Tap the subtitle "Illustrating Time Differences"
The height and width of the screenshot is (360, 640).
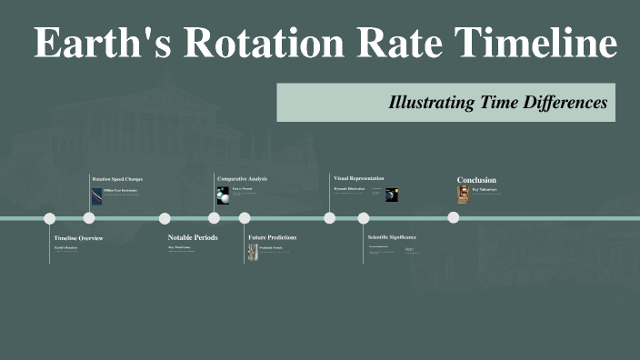(497, 103)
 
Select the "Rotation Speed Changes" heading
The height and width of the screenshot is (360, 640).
(117, 179)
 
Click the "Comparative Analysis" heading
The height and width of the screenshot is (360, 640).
(242, 179)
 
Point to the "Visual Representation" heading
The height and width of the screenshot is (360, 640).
(359, 178)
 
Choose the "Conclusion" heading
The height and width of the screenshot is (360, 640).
(477, 180)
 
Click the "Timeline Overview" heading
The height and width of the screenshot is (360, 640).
(78, 237)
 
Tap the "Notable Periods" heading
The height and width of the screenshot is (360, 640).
(193, 237)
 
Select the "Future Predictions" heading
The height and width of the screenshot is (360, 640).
(272, 237)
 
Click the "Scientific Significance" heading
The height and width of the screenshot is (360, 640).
(392, 237)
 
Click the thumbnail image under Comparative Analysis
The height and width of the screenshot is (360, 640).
(223, 195)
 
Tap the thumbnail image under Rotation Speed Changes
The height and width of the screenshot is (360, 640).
(96, 195)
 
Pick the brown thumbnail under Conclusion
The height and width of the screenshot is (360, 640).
(463, 195)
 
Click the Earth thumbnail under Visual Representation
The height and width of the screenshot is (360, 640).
(392, 195)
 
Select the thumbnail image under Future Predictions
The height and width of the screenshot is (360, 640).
(253, 252)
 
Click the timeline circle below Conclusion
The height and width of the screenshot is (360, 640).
(453, 218)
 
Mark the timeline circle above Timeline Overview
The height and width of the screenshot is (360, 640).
(50, 218)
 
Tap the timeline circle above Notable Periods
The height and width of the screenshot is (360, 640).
(165, 218)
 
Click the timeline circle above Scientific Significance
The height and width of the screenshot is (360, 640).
(364, 218)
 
